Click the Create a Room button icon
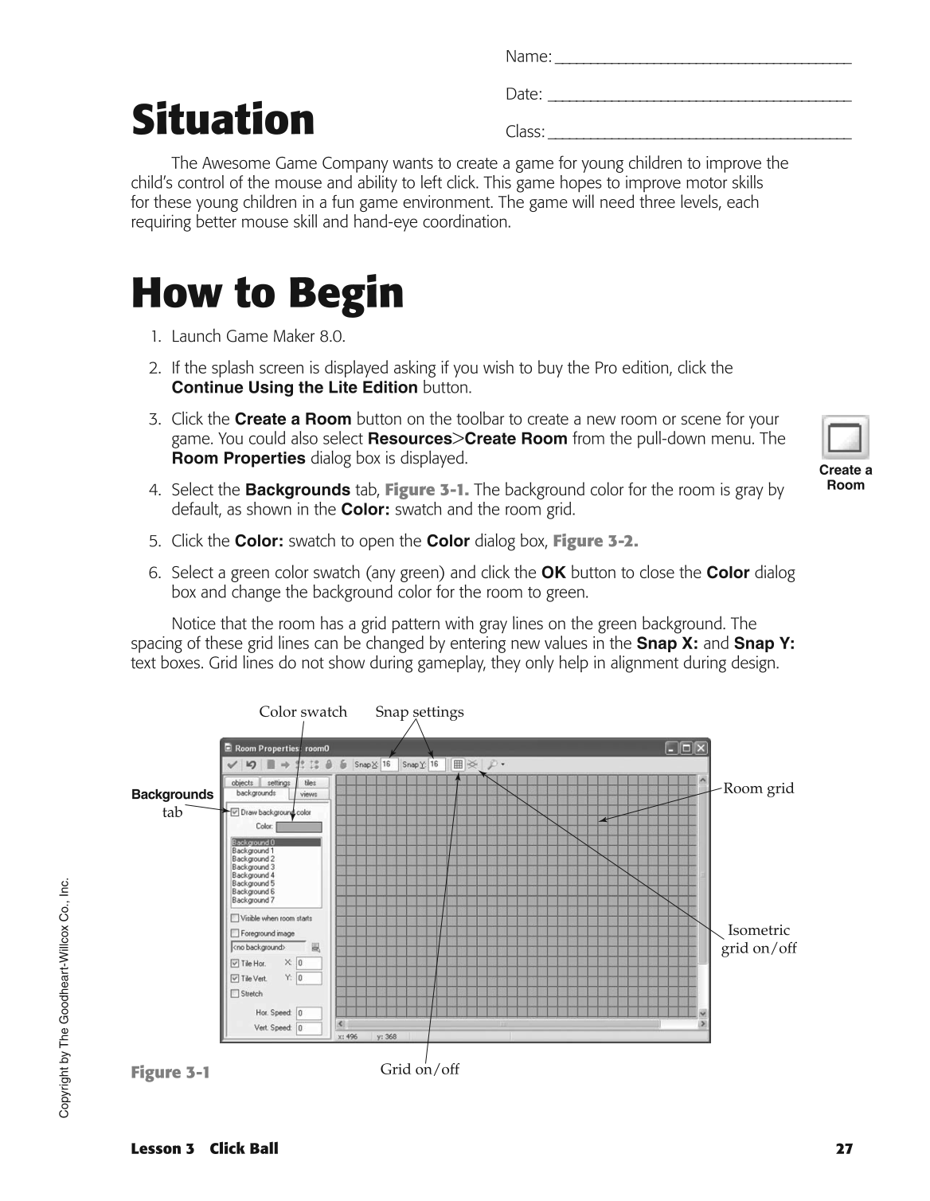pyautogui.click(x=845, y=437)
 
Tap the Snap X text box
pyautogui.click(x=389, y=765)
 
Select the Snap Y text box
pyautogui.click(x=436, y=765)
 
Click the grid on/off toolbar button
pyautogui.click(x=458, y=765)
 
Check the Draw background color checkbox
pyautogui.click(x=235, y=812)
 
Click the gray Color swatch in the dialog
pyautogui.click(x=299, y=827)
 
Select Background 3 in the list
pyautogui.click(x=253, y=867)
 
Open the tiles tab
pyautogui.click(x=310, y=783)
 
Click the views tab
pyautogui.click(x=308, y=794)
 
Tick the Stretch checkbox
pyautogui.click(x=235, y=993)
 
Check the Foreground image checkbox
pyautogui.click(x=235, y=933)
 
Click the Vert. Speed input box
pyautogui.click(x=309, y=1028)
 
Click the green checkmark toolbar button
pyautogui.click(x=232, y=765)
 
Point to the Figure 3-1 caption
pyautogui.click(x=170, y=1072)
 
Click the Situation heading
pyautogui.click(x=223, y=120)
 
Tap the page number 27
pyautogui.click(x=844, y=1148)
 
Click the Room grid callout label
pyautogui.click(x=758, y=788)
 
